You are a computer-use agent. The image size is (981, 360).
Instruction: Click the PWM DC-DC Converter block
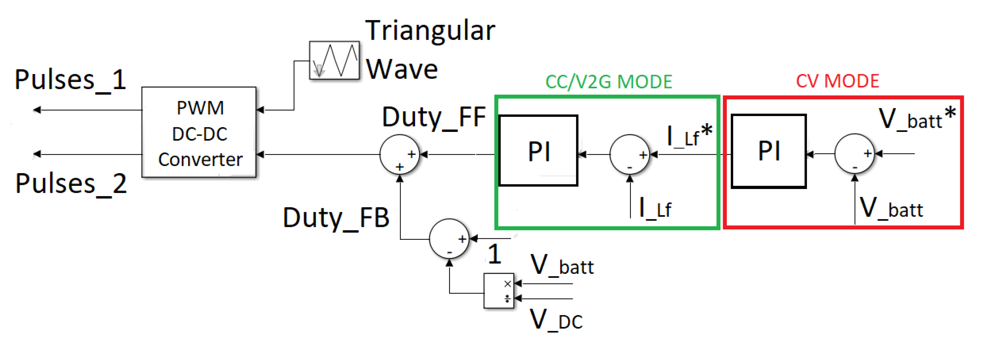[199, 132]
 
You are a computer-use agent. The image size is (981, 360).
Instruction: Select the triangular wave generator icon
[334, 60]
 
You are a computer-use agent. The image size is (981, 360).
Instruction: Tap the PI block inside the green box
[538, 151]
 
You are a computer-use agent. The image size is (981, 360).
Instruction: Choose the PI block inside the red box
[769, 151]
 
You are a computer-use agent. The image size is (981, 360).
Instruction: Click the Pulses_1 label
[71, 80]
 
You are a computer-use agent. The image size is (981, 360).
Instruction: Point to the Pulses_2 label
[71, 184]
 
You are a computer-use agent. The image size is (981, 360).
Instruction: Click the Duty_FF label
[434, 117]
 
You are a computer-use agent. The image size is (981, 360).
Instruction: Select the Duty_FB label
[336, 218]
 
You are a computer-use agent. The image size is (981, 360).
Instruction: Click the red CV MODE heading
[837, 81]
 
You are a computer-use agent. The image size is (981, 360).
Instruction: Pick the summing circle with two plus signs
[399, 154]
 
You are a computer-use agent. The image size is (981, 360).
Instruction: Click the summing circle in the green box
[630, 154]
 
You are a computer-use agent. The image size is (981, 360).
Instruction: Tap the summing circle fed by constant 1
[449, 239]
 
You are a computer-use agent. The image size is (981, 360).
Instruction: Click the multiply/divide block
[498, 291]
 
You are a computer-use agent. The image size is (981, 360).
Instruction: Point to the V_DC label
[556, 320]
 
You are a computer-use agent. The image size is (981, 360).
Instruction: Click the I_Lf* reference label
[689, 135]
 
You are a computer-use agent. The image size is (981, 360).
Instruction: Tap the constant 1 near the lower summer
[494, 254]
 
